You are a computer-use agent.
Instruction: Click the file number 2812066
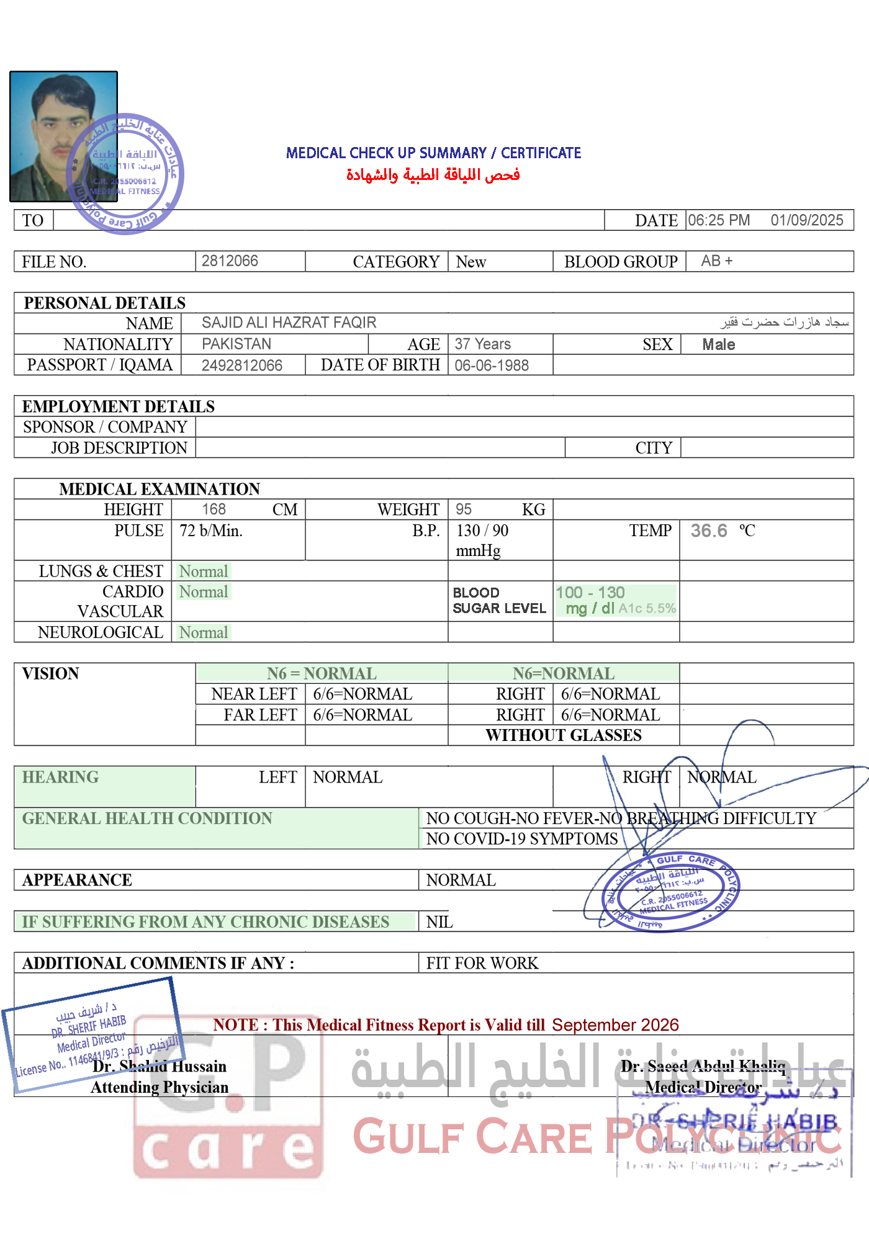230,261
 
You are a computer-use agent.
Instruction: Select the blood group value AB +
716,261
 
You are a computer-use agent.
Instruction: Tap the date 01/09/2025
806,220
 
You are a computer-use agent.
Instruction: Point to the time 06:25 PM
719,220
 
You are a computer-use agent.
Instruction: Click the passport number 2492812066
242,365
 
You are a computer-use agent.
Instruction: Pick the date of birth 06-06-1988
492,365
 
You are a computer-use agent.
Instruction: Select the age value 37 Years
482,344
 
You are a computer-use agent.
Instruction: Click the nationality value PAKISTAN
236,344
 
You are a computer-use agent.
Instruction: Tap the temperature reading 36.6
709,531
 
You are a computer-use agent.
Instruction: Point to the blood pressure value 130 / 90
482,531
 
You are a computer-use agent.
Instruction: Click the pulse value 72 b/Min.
211,531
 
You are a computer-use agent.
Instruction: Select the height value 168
214,509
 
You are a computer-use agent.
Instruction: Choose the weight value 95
464,509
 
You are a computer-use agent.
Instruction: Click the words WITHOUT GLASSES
564,735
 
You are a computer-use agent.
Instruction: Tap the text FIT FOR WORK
482,963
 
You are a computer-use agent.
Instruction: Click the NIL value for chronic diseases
439,922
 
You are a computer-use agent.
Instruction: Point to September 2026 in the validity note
615,1025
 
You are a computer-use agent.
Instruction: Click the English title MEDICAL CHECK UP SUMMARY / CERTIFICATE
433,153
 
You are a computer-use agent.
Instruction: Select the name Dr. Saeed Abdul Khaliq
703,1066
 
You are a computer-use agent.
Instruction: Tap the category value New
471,262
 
